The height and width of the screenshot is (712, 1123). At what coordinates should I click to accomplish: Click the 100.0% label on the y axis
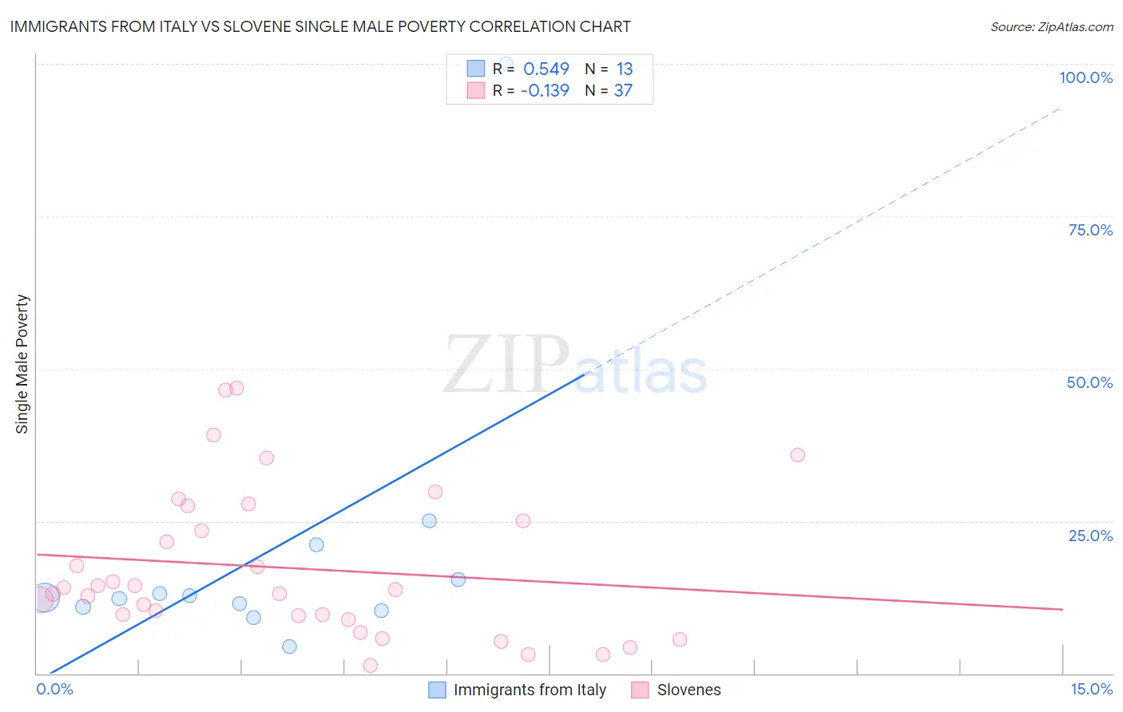tap(1085, 77)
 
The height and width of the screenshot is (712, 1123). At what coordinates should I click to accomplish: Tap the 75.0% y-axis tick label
tap(1090, 230)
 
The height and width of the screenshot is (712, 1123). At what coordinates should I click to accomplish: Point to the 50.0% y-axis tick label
tap(1089, 382)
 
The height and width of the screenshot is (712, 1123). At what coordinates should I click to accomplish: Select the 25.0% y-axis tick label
tap(1090, 536)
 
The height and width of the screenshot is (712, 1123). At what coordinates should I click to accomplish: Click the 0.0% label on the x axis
tap(54, 689)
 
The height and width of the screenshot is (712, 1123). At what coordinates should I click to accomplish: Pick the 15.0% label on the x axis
tap(1091, 689)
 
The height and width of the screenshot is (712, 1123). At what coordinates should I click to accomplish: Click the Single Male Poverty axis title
tap(22, 364)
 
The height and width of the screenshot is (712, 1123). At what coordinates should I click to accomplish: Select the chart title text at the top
tap(320, 26)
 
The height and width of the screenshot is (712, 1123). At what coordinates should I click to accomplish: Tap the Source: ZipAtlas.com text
tap(1051, 26)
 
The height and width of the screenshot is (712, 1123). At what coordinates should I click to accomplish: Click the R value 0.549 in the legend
tap(546, 69)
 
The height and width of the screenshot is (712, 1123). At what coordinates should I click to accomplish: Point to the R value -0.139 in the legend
tap(545, 91)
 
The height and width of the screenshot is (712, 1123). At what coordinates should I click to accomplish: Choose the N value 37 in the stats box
tap(623, 91)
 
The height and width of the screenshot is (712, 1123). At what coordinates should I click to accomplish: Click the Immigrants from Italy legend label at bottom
tap(530, 690)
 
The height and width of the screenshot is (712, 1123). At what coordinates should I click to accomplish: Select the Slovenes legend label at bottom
tap(688, 690)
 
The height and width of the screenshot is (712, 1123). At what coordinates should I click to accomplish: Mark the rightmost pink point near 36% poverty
tap(797, 455)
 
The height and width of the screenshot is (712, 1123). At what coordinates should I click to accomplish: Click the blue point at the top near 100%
tap(506, 63)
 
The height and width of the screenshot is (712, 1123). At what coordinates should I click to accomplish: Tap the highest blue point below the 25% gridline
tap(429, 520)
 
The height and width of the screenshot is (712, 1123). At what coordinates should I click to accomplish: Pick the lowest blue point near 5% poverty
tap(289, 647)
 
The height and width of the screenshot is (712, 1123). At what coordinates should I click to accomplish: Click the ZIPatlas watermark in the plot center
tap(575, 366)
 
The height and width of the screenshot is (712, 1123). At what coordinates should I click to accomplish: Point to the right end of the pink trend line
tap(1062, 609)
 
